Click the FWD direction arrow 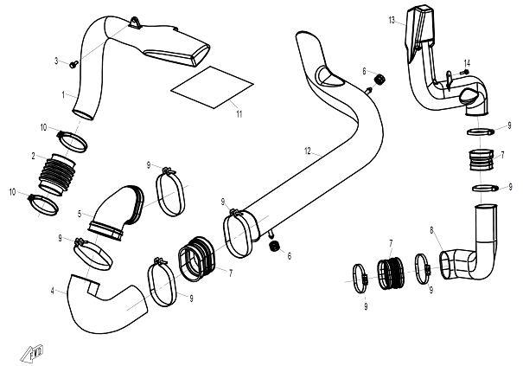(x=32, y=353)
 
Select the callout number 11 (x=239, y=114)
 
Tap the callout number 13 (x=392, y=21)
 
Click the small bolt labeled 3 (x=73, y=64)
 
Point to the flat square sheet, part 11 (x=212, y=87)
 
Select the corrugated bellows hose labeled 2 (x=57, y=174)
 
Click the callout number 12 (x=307, y=151)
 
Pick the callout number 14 (x=467, y=63)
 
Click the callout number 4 (x=53, y=292)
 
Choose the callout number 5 (x=80, y=214)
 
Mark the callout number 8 (x=431, y=230)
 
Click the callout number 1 (x=63, y=95)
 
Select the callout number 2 (x=33, y=156)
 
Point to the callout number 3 (x=56, y=61)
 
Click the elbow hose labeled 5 (x=116, y=213)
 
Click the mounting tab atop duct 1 (x=134, y=23)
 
